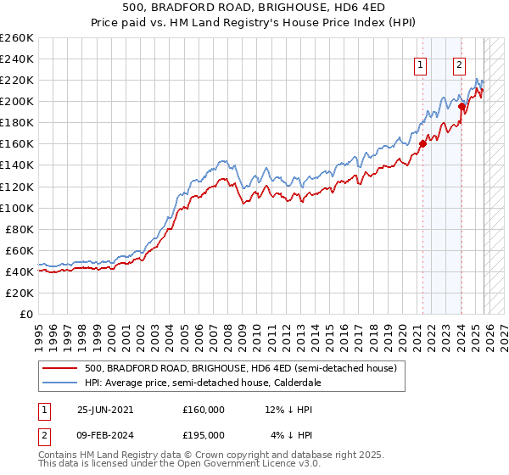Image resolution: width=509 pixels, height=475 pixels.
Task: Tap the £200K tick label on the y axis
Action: [x=17, y=101]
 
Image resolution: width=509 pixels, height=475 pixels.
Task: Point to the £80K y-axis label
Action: [x=20, y=229]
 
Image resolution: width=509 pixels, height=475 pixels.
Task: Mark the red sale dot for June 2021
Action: [x=422, y=143]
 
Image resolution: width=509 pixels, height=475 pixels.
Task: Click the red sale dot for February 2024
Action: [x=461, y=107]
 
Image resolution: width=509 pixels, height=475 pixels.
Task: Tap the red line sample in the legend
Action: [x=60, y=369]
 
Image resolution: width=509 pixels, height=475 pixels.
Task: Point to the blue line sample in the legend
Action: [x=60, y=383]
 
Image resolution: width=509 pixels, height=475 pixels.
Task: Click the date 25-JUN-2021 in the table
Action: [x=110, y=410]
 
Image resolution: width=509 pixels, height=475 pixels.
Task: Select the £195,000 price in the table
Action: [x=203, y=436]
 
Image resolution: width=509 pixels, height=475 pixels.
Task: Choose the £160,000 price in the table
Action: [x=203, y=410]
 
